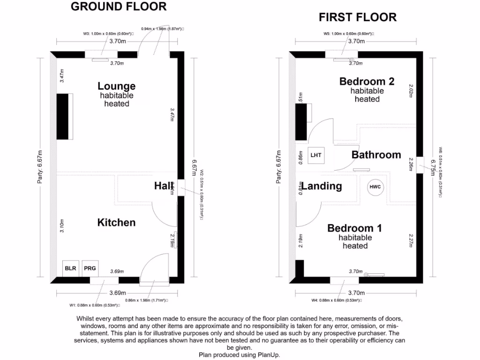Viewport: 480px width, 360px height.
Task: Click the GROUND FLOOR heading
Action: pyautogui.click(x=118, y=7)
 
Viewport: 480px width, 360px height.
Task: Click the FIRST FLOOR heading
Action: pyautogui.click(x=358, y=18)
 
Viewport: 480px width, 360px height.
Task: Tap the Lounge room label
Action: pyautogui.click(x=116, y=86)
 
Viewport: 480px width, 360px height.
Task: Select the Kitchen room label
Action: pyautogui.click(x=116, y=223)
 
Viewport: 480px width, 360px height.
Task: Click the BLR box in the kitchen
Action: pyautogui.click(x=70, y=269)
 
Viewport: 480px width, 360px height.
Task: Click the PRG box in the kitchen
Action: pyautogui.click(x=90, y=269)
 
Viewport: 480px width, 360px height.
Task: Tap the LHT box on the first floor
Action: pyautogui.click(x=316, y=155)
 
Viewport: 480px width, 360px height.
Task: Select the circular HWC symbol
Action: pyautogui.click(x=376, y=187)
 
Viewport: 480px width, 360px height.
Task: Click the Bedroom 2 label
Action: pyautogui.click(x=367, y=82)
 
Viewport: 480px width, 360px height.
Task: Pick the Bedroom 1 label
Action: pyautogui.click(x=354, y=228)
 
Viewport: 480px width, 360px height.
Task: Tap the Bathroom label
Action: pyautogui.click(x=376, y=155)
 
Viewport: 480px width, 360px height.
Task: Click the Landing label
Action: pyautogui.click(x=322, y=186)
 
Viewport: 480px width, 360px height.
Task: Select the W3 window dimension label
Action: pyautogui.click(x=108, y=34)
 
